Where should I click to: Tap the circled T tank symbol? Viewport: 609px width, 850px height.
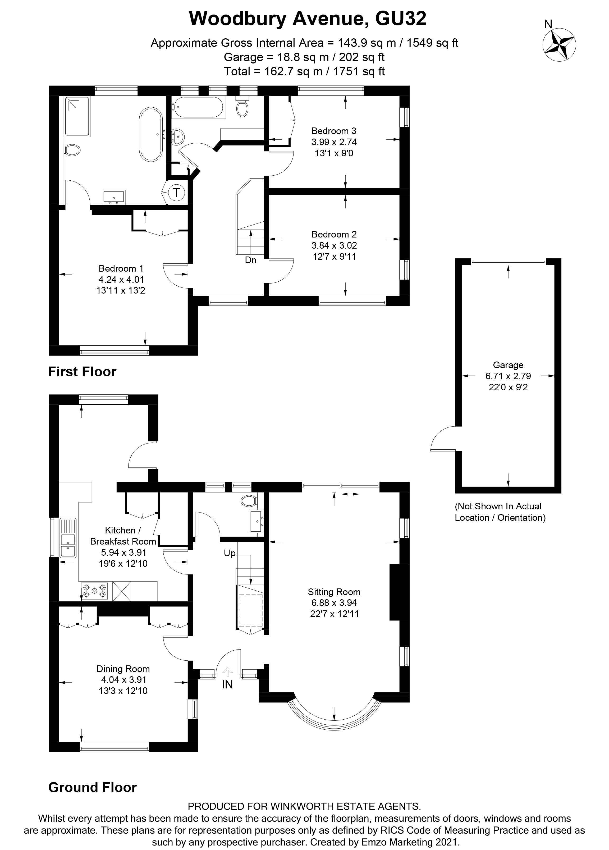[x=176, y=193]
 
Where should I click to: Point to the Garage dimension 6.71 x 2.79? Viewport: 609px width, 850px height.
[x=508, y=376]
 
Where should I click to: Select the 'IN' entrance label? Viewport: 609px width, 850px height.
[x=227, y=684]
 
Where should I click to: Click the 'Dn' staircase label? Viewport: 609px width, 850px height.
[x=251, y=260]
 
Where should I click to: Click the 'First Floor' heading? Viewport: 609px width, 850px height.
[x=82, y=372]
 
